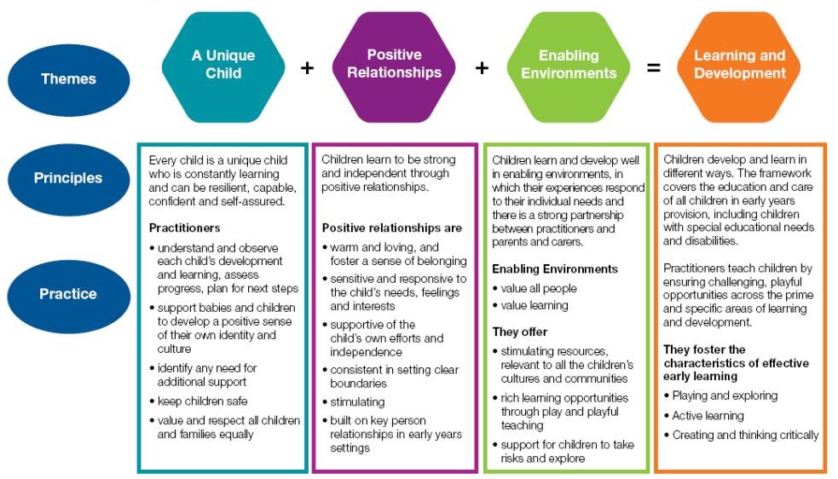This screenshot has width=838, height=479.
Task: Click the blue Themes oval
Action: pos(68,79)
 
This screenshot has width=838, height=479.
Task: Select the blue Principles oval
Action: pos(68,179)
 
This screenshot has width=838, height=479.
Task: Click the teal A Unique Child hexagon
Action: pos(223,67)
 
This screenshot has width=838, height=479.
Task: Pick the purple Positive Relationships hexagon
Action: pos(394,67)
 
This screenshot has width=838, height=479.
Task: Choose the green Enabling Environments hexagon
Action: pos(569,67)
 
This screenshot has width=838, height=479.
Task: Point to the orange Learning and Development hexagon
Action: pos(739,67)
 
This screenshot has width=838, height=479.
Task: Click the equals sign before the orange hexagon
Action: pos(654,68)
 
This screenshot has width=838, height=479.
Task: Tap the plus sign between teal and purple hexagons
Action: pos(307,68)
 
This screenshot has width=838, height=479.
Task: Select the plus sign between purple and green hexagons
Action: pos(482,68)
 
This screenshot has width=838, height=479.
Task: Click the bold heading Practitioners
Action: pos(184,228)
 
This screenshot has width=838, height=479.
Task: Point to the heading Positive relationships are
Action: pos(392,228)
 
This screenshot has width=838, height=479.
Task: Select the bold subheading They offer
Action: pos(520,332)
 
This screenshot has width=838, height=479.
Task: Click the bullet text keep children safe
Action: pos(202,401)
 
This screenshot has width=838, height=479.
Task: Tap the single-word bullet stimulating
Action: pos(357,402)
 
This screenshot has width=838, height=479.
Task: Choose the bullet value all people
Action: pos(539,289)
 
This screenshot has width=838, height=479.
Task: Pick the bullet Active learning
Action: pos(708,416)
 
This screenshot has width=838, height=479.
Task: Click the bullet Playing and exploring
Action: pos(725,396)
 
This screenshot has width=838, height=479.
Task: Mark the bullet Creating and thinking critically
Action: pos(745,436)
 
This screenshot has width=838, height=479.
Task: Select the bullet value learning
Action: pos(535,306)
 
